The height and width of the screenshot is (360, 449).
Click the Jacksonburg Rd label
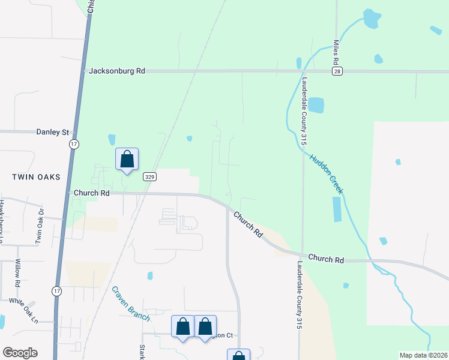(x=117, y=71)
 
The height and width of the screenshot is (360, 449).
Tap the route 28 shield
(x=338, y=71)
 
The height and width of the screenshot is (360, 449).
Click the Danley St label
(x=53, y=132)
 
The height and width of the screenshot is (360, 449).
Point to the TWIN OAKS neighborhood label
(x=37, y=177)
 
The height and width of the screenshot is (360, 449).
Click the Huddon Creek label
(x=326, y=172)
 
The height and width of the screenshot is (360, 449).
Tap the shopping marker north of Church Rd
(x=127, y=160)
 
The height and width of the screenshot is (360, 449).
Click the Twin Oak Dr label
(x=40, y=225)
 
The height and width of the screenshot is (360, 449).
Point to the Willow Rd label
(x=18, y=273)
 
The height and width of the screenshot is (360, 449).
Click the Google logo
(x=20, y=353)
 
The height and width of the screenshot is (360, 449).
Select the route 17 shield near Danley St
(x=74, y=145)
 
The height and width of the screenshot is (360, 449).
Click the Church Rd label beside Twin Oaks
(x=91, y=193)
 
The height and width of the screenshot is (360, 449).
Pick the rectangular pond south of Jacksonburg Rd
(x=316, y=105)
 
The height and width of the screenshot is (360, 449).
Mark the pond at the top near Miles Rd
(x=372, y=19)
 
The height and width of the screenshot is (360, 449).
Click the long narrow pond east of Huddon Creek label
(x=336, y=209)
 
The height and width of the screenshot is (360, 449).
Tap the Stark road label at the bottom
(x=142, y=352)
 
